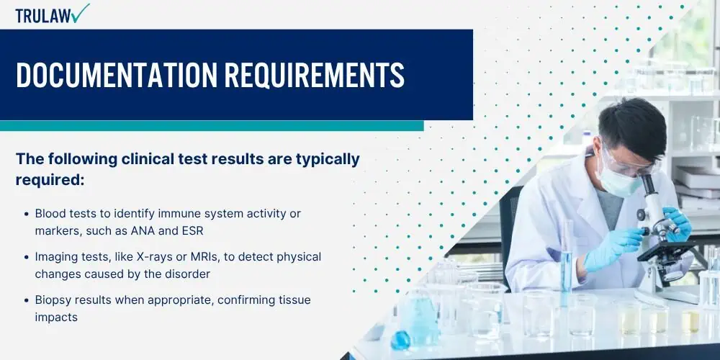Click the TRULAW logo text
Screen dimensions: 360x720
click(x=43, y=15)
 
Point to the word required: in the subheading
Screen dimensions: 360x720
click(x=50, y=180)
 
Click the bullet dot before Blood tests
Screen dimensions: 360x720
click(x=27, y=214)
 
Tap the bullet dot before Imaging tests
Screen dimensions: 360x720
click(x=27, y=256)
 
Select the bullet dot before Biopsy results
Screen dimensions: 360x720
click(x=27, y=299)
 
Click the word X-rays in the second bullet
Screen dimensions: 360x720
click(x=148, y=256)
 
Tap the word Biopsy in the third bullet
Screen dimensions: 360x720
click(x=53, y=299)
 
